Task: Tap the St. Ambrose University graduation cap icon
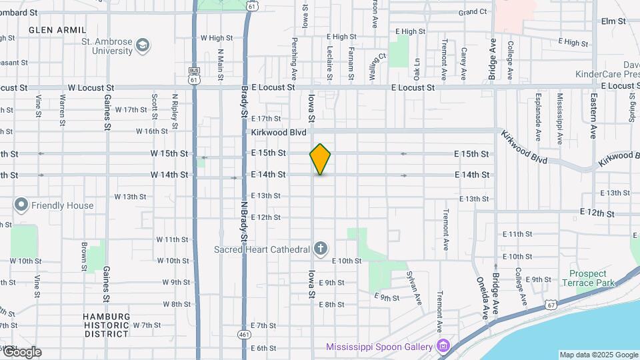(141, 45)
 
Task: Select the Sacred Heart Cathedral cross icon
(321, 249)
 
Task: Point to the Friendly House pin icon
(21, 205)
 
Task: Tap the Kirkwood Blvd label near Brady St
(279, 133)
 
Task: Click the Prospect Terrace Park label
(588, 279)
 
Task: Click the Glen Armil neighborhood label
(57, 30)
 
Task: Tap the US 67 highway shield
(551, 304)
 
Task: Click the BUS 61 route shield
(194, 75)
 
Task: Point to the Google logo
(21, 352)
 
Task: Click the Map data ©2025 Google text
(598, 355)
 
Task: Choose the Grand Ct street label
(473, 12)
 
